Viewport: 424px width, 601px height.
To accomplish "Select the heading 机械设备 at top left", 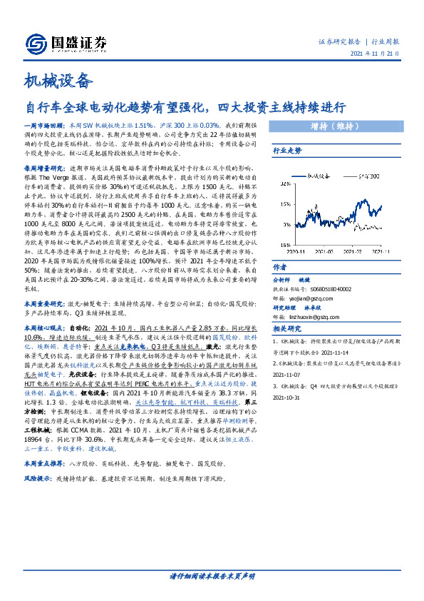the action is (x=59, y=79).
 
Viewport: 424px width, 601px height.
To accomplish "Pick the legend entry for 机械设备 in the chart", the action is (x=323, y=175).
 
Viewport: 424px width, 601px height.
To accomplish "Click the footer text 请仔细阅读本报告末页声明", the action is (x=212, y=575).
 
